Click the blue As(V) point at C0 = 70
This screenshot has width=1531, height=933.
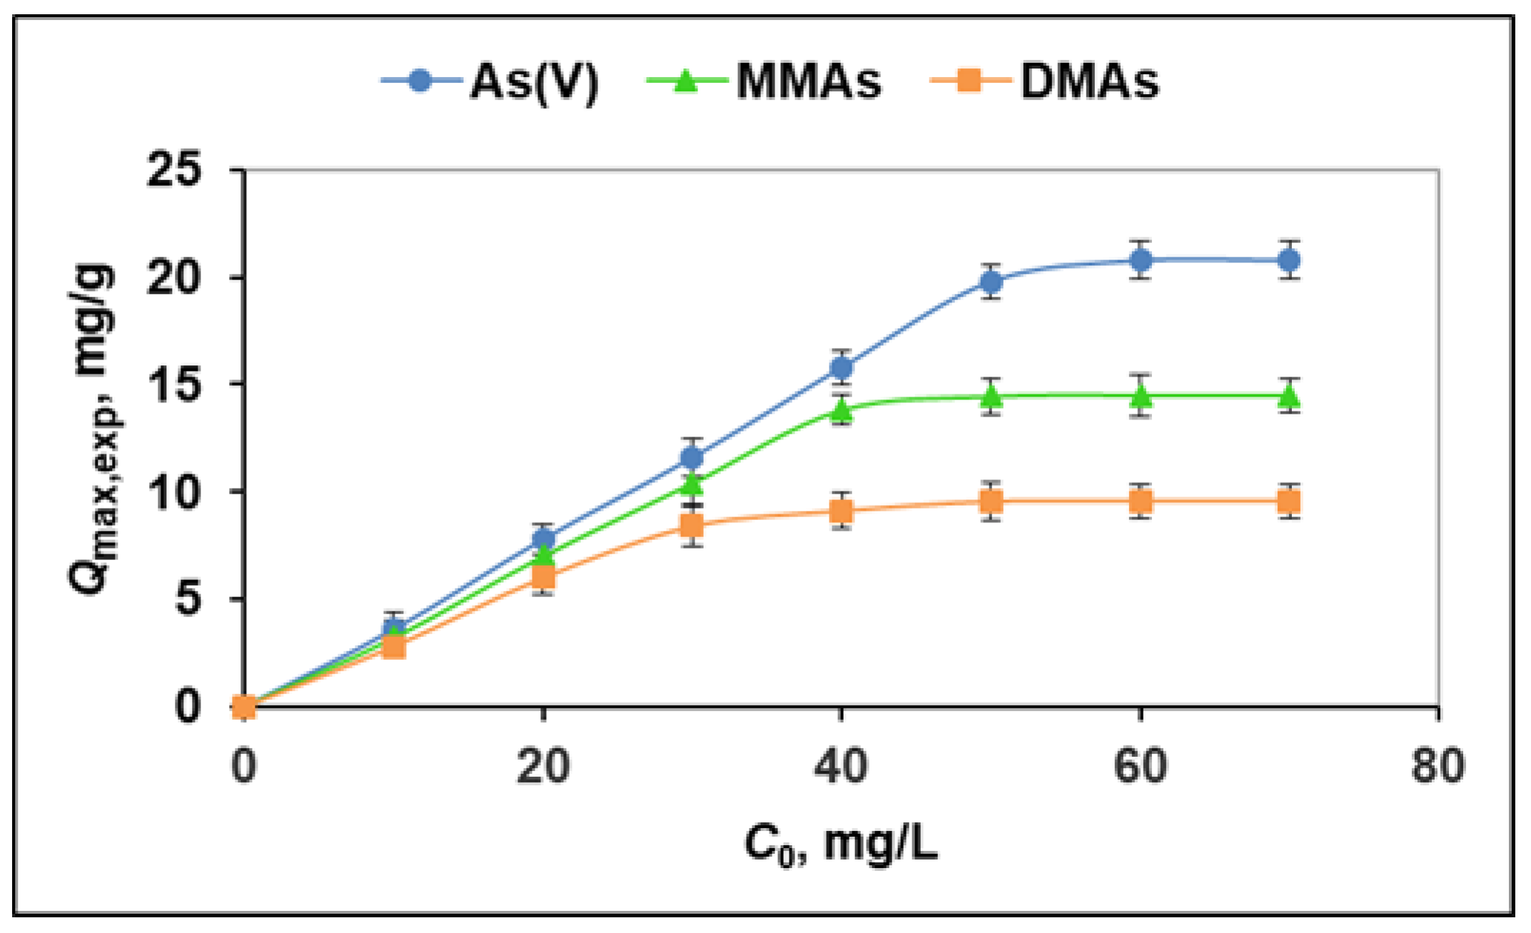[1289, 260]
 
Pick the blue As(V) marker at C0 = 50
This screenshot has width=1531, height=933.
[991, 282]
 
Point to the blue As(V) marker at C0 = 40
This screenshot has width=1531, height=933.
[842, 367]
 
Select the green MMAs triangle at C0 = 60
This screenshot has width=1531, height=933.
[1141, 395]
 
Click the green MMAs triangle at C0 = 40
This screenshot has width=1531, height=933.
[842, 409]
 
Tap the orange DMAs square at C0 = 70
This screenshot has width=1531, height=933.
[1289, 501]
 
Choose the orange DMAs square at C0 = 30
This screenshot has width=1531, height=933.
[692, 526]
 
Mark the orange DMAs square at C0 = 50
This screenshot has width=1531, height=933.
[991, 501]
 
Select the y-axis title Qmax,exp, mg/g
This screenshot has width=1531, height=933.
[93, 428]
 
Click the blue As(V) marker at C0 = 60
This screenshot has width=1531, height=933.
[1141, 260]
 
